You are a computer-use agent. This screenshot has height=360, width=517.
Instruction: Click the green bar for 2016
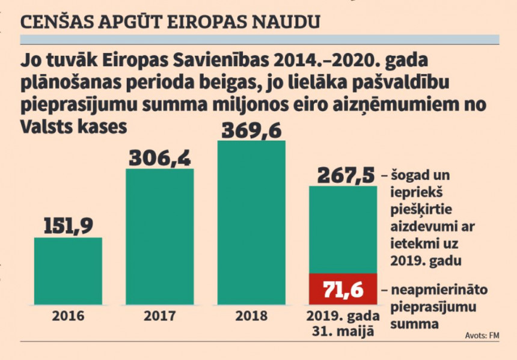tap(68, 271)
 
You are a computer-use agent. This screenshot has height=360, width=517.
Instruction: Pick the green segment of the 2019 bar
tap(343, 228)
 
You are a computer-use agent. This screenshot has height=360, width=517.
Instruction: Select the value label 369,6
tap(251, 129)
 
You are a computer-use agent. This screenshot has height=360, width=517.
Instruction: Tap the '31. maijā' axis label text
tap(343, 331)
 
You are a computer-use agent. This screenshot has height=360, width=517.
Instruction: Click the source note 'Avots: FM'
tap(483, 335)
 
